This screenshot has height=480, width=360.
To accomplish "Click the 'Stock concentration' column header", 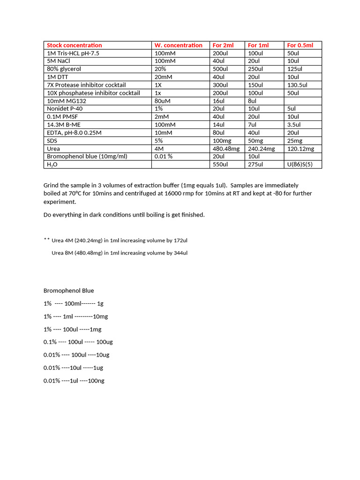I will pos(74,45).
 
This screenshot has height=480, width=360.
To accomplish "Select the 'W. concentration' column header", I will pos(178,45).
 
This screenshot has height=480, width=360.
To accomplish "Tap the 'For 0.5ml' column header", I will pos(300,45).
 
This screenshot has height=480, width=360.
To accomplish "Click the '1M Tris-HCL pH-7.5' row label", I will pos(73,53).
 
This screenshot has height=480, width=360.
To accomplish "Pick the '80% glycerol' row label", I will pos(64,69).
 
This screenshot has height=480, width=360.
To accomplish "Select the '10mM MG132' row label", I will pos(67,101).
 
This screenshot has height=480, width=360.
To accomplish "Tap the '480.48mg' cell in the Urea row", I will pos(226,149).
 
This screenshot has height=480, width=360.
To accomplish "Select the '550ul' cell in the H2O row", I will pos(220,165).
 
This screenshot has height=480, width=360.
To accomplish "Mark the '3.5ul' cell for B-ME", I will pos(294,125).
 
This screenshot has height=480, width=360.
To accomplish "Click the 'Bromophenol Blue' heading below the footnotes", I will pos(68,291).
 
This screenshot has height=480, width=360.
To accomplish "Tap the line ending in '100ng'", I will pos(74,381).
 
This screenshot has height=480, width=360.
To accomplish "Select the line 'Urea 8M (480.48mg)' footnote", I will pos(119,253).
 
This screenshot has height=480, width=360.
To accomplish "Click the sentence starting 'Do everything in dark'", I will pos(124,215).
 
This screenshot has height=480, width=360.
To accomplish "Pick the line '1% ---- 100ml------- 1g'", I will pos(74,304).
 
